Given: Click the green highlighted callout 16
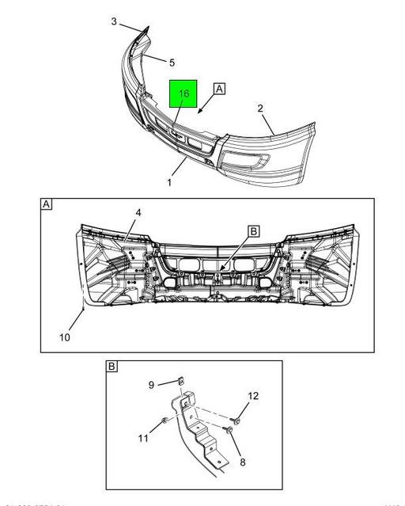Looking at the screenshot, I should coord(184,94).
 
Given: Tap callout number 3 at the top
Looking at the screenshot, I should coord(114,21).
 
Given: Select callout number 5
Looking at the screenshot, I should coord(172,62).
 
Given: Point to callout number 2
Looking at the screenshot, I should coord(261,108).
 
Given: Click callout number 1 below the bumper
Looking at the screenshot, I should coord(168,182).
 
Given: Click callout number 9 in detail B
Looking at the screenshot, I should coord(151,386).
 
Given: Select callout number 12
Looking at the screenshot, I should coord(253,395).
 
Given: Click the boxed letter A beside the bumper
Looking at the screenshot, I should coord(218,89).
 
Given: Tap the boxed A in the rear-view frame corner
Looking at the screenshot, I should coord(47,205).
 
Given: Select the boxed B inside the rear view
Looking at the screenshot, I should coord(254,231).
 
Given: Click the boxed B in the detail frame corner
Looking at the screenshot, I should coord(112,367).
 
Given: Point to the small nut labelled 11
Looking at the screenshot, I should coord(164,420).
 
